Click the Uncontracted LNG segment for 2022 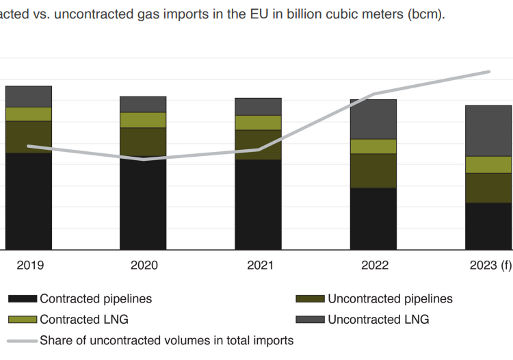[373, 119]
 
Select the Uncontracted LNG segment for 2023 [488, 131]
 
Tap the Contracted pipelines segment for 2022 [373, 218]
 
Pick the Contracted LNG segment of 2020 [143, 120]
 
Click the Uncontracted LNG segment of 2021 [259, 106]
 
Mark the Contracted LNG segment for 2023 [488, 164]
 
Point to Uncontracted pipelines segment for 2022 [373, 170]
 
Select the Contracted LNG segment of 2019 [29, 114]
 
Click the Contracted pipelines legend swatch [22, 299]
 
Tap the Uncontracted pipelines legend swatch [310, 299]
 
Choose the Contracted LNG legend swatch [22, 320]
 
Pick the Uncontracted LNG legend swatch [310, 320]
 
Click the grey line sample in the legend [22, 340]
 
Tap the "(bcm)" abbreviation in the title [427, 14]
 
